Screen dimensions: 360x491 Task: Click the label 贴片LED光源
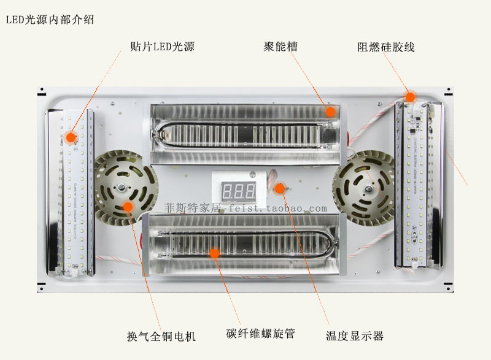pos(163,47)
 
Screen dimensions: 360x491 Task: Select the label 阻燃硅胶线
pos(386,47)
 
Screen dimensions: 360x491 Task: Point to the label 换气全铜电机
pos(161,336)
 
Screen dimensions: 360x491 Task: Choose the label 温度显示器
pos(354,336)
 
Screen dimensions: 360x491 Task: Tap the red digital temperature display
pos(239,190)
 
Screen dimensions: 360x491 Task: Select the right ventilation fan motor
pos(364,183)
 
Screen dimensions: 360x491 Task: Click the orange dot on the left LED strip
pos(72,137)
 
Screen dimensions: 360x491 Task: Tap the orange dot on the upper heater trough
pos(331,112)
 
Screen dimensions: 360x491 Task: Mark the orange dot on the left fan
pos(128,206)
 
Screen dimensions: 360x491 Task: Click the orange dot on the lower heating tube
pos(214,252)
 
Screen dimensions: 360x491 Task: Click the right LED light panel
pos(418,184)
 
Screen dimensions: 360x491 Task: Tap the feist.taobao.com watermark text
pos(245,209)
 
